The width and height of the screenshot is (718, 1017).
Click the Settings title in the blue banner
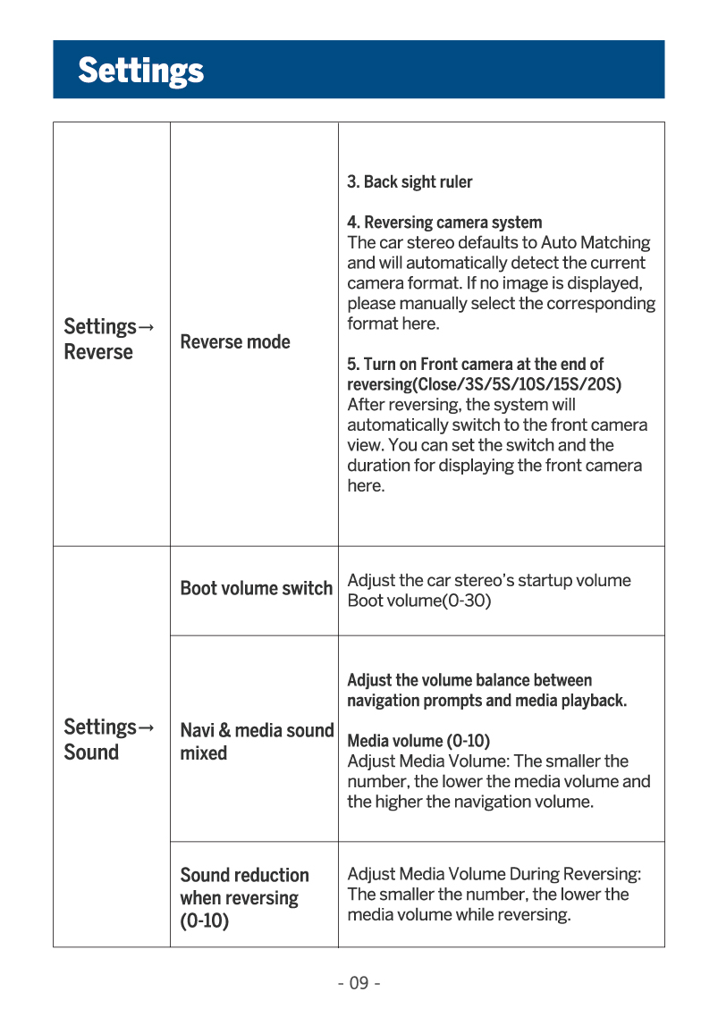[140, 70]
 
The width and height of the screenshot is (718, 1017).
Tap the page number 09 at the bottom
[359, 984]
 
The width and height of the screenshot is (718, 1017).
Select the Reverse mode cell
[235, 341]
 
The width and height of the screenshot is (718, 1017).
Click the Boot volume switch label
[256, 588]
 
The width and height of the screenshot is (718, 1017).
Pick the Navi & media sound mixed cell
[257, 741]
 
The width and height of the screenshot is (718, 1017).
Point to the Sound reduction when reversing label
[244, 887]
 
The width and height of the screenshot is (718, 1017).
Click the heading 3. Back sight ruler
[410, 182]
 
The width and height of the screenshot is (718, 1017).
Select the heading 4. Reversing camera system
[444, 223]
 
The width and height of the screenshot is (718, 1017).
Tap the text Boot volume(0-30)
[419, 601]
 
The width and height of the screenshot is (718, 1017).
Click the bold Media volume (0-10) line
[418, 741]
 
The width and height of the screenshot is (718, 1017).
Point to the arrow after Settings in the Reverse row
[147, 327]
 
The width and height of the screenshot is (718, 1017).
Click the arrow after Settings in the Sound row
[147, 727]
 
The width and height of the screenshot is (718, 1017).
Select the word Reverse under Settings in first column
[98, 352]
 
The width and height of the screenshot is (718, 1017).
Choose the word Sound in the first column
[91, 752]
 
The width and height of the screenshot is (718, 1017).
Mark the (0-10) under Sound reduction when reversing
[204, 920]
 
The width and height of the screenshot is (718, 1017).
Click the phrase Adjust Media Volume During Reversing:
[494, 874]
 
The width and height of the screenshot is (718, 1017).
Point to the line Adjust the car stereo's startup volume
[488, 581]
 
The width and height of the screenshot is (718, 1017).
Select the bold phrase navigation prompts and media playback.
[486, 701]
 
